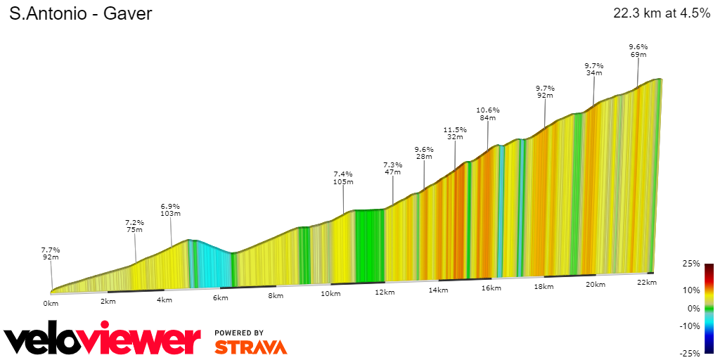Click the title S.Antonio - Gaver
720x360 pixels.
click(80, 14)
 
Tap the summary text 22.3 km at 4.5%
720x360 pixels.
click(662, 14)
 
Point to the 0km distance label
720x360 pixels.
click(51, 304)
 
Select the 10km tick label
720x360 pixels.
click(330, 293)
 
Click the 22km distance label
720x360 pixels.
click(646, 283)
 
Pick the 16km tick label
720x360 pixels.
click(491, 288)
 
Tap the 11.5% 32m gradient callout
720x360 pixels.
click(455, 133)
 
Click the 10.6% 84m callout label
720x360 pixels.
click(488, 113)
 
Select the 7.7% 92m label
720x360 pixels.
click(51, 253)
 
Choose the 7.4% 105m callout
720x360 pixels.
click(343, 177)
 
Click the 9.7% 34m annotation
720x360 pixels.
click(594, 68)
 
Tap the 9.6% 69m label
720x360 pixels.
click(638, 50)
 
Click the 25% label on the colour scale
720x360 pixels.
click(691, 264)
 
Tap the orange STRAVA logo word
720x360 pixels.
click(250, 347)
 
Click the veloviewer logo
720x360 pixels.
click(103, 341)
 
